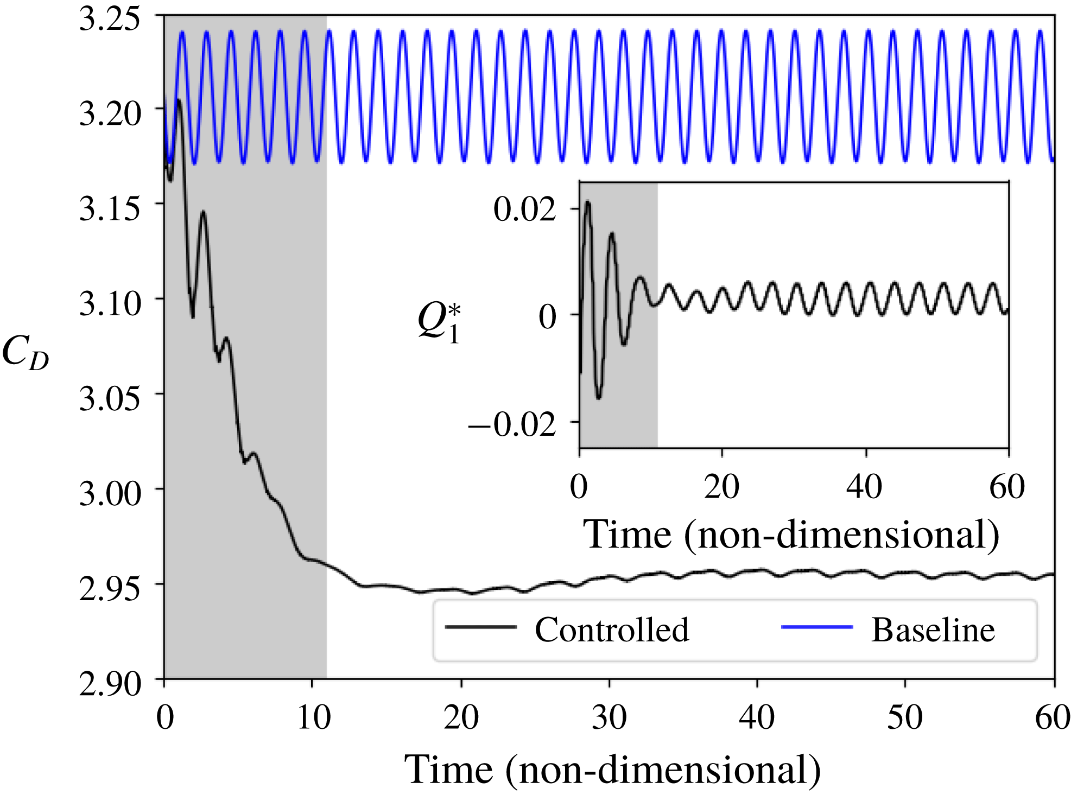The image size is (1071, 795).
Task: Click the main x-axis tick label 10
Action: (313, 717)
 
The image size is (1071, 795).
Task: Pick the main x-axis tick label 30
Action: (609, 717)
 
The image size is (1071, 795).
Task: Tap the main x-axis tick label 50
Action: (905, 717)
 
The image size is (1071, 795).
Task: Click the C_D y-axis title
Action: (25, 353)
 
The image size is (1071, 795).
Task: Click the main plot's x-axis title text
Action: (612, 769)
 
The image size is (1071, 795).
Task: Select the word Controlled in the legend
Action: (612, 630)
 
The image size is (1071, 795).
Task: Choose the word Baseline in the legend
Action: (933, 630)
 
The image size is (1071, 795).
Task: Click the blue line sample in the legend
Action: (817, 627)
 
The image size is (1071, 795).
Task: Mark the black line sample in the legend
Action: (481, 627)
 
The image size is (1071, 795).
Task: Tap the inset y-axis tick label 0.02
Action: (524, 209)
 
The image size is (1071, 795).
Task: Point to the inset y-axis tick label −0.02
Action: (512, 424)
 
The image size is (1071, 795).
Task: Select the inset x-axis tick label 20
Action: (721, 487)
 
